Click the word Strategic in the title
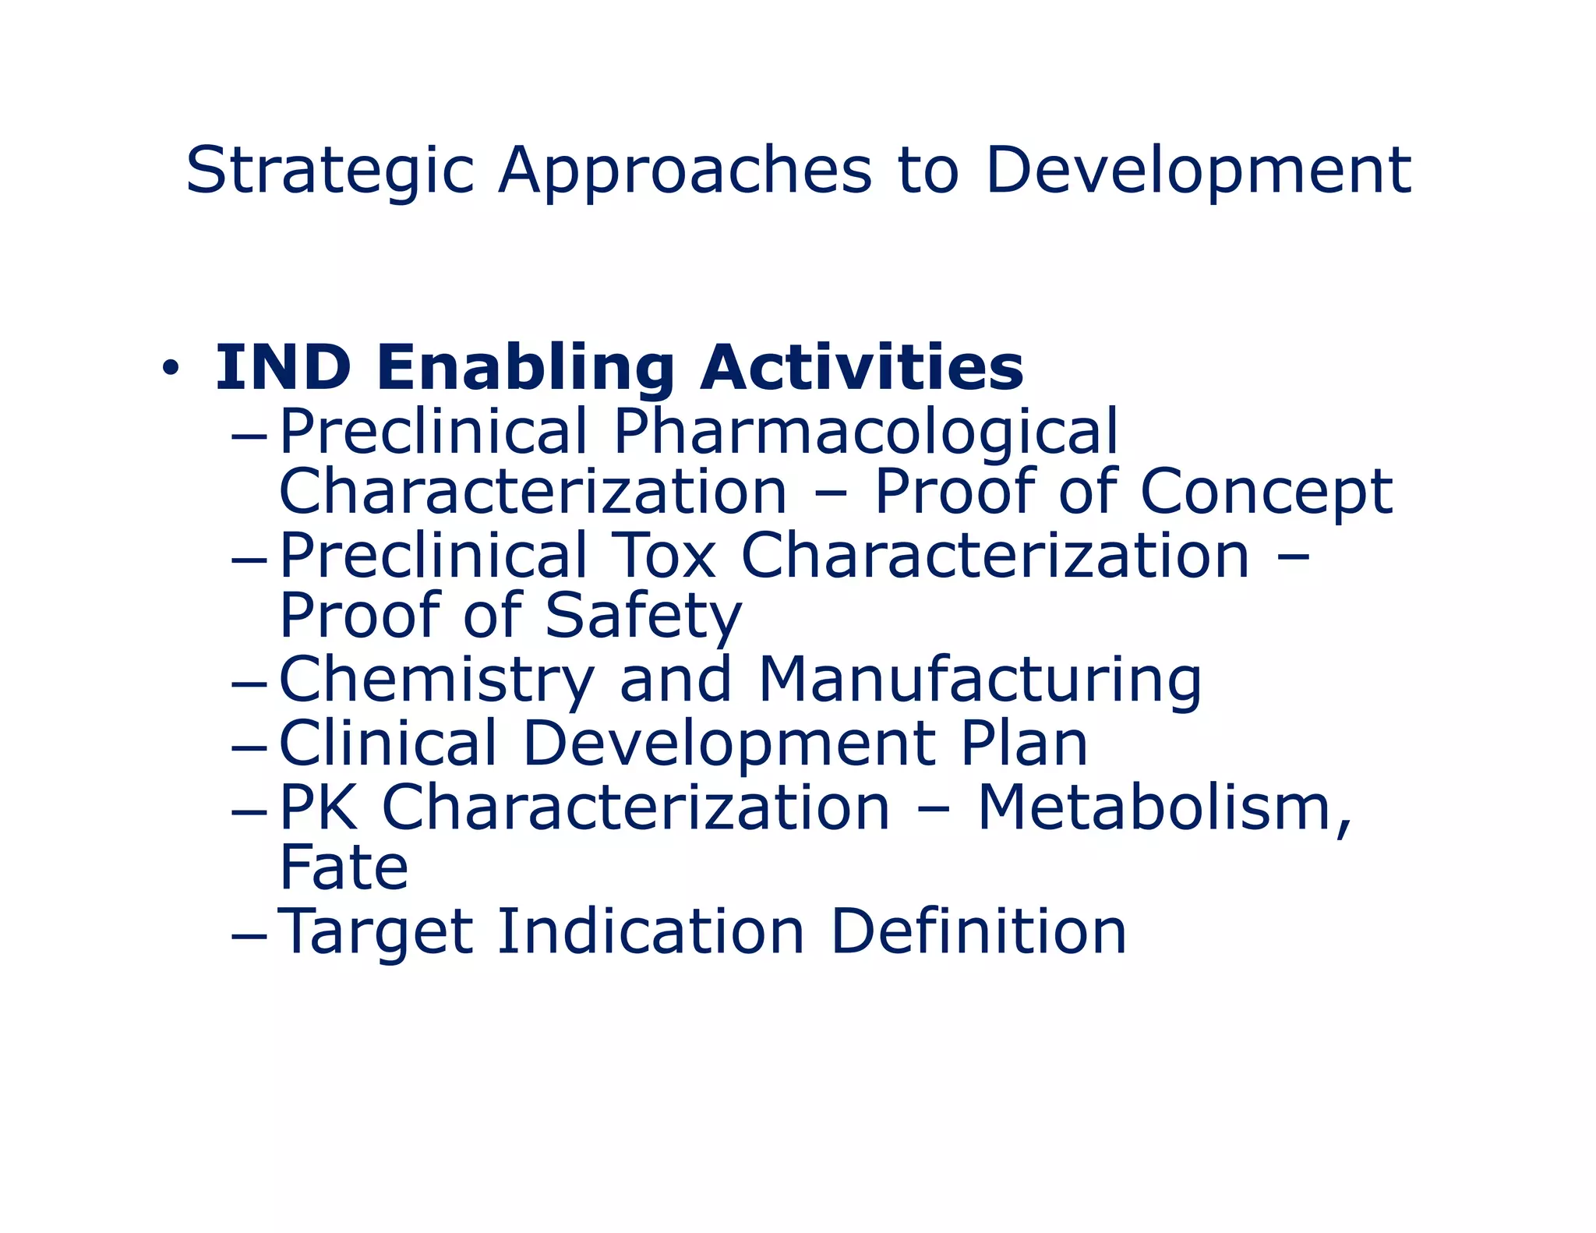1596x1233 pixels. coord(330,171)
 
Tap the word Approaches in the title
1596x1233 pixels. coord(685,171)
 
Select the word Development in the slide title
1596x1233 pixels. coord(1198,171)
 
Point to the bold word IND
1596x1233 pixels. coord(283,368)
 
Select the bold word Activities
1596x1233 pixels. coord(861,368)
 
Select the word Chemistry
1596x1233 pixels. coord(436,680)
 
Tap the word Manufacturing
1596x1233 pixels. coord(980,680)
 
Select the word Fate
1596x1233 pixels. coord(344,867)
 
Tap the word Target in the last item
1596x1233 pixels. coord(375,931)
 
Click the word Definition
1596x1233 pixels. coord(978,931)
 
